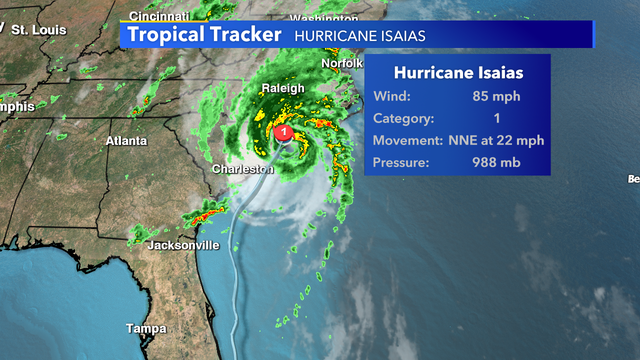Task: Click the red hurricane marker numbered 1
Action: (x=285, y=132)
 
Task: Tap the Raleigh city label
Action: (x=282, y=89)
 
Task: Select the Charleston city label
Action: (x=242, y=170)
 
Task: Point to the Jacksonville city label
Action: (x=183, y=245)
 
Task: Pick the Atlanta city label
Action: (x=127, y=141)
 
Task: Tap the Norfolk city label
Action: (x=342, y=63)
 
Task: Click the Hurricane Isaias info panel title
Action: (x=459, y=73)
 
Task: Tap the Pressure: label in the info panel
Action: (x=402, y=162)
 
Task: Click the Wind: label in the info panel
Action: (x=390, y=97)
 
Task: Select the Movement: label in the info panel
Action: (x=408, y=140)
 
